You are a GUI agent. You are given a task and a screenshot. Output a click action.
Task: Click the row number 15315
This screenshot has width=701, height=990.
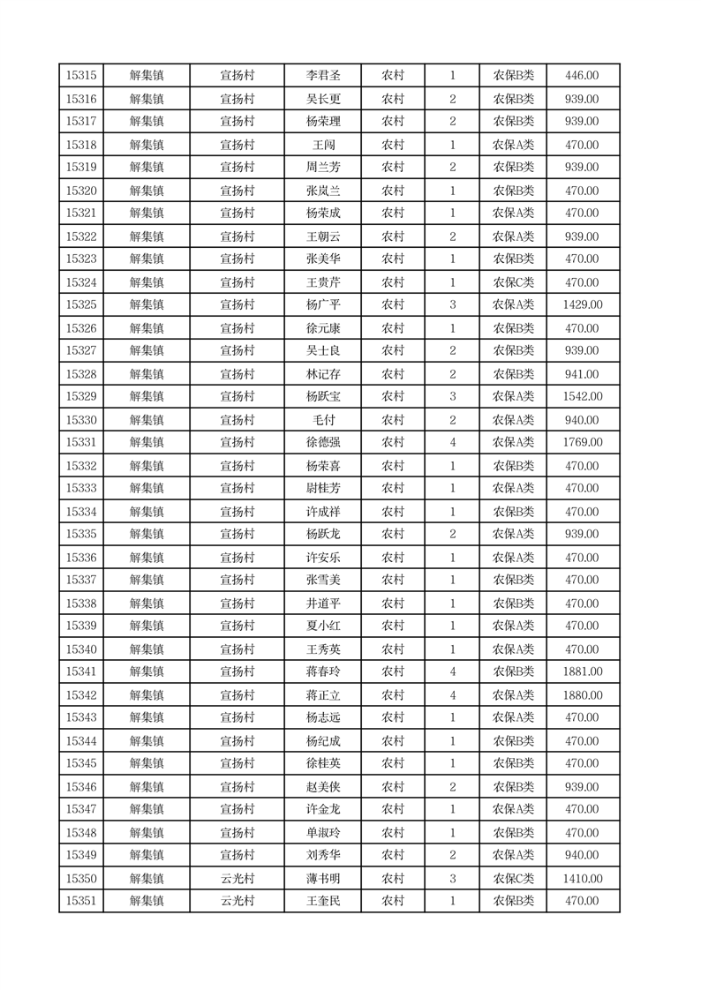point(81,76)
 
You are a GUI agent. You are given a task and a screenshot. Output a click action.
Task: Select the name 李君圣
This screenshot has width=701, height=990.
point(322,76)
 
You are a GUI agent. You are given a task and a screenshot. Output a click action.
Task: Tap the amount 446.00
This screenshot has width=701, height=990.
point(582,76)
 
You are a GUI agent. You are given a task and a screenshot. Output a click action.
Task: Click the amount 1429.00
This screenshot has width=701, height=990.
point(582,304)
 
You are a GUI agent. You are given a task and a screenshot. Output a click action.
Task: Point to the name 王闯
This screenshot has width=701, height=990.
point(322,145)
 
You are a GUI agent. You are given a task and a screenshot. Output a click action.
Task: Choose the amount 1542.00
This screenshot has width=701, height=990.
point(582,396)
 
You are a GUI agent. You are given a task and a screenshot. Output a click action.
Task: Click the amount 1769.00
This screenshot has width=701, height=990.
point(582,442)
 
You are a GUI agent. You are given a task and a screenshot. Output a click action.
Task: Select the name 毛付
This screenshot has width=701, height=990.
point(322,420)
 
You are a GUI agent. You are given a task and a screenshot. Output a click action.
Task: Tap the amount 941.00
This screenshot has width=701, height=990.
point(582,374)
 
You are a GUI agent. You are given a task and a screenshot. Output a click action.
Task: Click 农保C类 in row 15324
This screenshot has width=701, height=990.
point(513,282)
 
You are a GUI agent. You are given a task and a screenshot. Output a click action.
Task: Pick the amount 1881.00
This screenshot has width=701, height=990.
point(582,671)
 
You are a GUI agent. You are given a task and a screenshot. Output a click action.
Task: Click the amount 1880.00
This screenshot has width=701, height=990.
point(582,695)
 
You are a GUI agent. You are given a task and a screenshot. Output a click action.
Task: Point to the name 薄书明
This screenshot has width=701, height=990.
point(322,879)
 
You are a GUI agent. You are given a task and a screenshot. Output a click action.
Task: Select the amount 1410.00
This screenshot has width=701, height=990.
point(582,879)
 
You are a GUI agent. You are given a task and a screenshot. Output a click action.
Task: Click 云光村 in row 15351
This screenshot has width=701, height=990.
point(237,901)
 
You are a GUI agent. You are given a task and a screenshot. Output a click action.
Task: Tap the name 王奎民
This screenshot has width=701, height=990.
point(322,901)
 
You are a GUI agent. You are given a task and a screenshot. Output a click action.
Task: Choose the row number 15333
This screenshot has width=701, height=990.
point(81,488)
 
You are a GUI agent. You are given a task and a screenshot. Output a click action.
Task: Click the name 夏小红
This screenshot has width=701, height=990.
point(322,626)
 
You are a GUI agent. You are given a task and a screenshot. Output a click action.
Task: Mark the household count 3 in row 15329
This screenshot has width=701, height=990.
point(453,396)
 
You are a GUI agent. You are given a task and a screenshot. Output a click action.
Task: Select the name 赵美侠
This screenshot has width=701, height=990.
point(322,787)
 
